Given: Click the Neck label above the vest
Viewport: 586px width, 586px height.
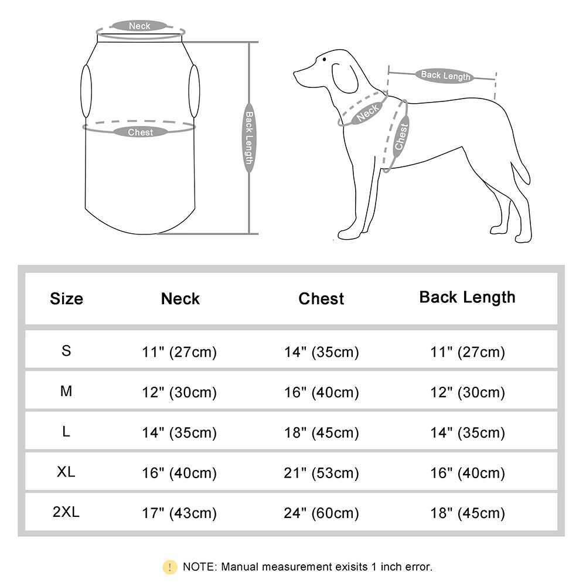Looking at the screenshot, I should point(139,26).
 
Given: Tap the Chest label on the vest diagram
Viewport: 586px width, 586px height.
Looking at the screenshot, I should point(140,132).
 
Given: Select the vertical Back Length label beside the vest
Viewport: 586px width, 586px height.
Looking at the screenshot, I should point(249,138).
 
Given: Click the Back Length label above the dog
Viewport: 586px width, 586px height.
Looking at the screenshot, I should point(445,76).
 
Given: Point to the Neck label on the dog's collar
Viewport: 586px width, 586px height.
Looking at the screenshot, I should point(367,111).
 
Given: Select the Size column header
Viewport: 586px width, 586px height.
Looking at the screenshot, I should point(66,298).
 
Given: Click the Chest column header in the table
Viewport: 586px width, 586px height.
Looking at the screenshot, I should point(321,298).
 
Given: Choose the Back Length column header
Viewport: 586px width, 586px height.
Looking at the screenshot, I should point(467,297).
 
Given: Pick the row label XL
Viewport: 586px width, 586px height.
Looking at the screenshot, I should point(66,472).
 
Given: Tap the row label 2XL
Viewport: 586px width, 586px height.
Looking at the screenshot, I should point(66,512).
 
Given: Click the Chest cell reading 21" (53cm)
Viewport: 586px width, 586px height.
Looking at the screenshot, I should point(321,473).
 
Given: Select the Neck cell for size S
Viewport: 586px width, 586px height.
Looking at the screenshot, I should point(179,352).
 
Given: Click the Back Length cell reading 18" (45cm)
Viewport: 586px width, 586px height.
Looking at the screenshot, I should point(467,513).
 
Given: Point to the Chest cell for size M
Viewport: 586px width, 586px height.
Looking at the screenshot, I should point(321,393).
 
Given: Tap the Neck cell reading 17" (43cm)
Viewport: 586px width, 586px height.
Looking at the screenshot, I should point(179,513).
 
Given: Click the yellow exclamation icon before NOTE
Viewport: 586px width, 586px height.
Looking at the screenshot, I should point(169,567).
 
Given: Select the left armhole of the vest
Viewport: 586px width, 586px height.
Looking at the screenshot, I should point(86,91).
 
